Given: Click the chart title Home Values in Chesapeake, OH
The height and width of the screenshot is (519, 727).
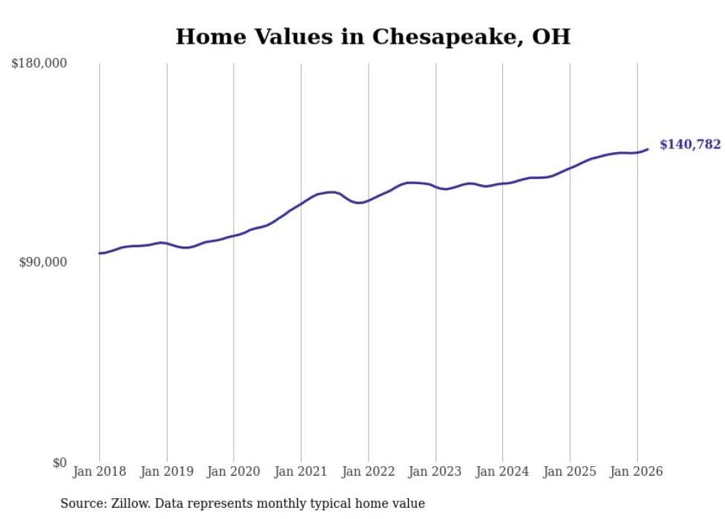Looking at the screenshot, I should tap(373, 36).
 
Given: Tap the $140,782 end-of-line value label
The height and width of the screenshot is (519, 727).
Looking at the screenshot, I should tap(690, 145).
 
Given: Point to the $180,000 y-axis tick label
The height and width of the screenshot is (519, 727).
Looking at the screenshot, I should tap(39, 64).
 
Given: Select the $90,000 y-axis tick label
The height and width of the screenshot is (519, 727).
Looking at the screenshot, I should tap(43, 263).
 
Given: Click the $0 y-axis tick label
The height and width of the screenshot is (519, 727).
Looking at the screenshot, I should tap(59, 463).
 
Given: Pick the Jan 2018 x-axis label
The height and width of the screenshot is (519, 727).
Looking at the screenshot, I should tap(99, 471).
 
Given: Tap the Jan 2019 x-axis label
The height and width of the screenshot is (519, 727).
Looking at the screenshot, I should tap(167, 471).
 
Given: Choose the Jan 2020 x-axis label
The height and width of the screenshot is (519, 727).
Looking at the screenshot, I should tap(234, 471).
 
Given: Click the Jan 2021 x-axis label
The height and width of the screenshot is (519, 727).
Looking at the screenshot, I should tap(301, 471).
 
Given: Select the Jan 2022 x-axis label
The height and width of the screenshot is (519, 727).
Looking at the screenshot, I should tap(369, 471).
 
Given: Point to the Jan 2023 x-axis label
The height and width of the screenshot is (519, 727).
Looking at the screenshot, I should tap(435, 471).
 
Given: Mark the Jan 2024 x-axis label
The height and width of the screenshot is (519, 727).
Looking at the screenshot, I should tap(503, 471).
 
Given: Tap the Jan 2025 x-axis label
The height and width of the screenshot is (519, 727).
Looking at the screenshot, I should tap(570, 471).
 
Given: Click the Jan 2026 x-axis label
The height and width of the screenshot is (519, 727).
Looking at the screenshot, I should tap(637, 471).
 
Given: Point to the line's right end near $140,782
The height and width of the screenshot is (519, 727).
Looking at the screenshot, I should tap(648, 149).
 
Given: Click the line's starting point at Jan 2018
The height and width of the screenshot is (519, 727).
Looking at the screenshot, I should tap(99, 253).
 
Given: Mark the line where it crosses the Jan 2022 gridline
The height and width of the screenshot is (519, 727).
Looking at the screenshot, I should tap(369, 200).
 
